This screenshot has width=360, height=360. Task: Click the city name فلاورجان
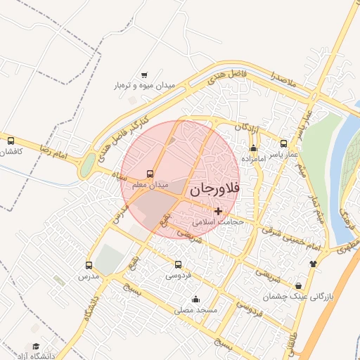point(215,188)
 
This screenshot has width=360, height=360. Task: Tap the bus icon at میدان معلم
point(150,174)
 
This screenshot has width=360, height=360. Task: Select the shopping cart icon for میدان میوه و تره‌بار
point(144,75)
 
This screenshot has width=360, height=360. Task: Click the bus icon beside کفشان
point(11,140)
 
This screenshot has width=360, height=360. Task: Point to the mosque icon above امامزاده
point(253,148)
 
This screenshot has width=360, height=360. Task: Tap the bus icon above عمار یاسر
point(284,143)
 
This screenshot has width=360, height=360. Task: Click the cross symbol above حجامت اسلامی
point(219,210)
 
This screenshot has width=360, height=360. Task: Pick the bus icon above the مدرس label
point(89,265)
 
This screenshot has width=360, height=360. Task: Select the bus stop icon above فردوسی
point(177,265)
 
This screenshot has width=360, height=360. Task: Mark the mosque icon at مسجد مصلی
point(205,300)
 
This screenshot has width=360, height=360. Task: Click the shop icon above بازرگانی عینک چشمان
point(300,286)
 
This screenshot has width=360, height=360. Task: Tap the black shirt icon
point(313,264)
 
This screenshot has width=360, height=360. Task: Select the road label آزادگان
point(247,128)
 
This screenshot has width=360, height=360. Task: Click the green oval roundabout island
point(88,167)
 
